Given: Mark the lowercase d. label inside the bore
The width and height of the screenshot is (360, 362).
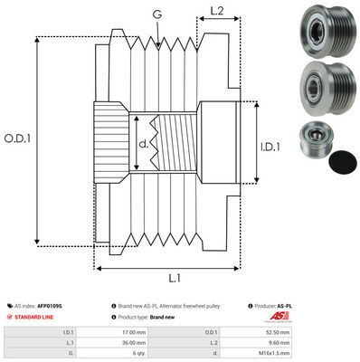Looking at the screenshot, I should [142, 143].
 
